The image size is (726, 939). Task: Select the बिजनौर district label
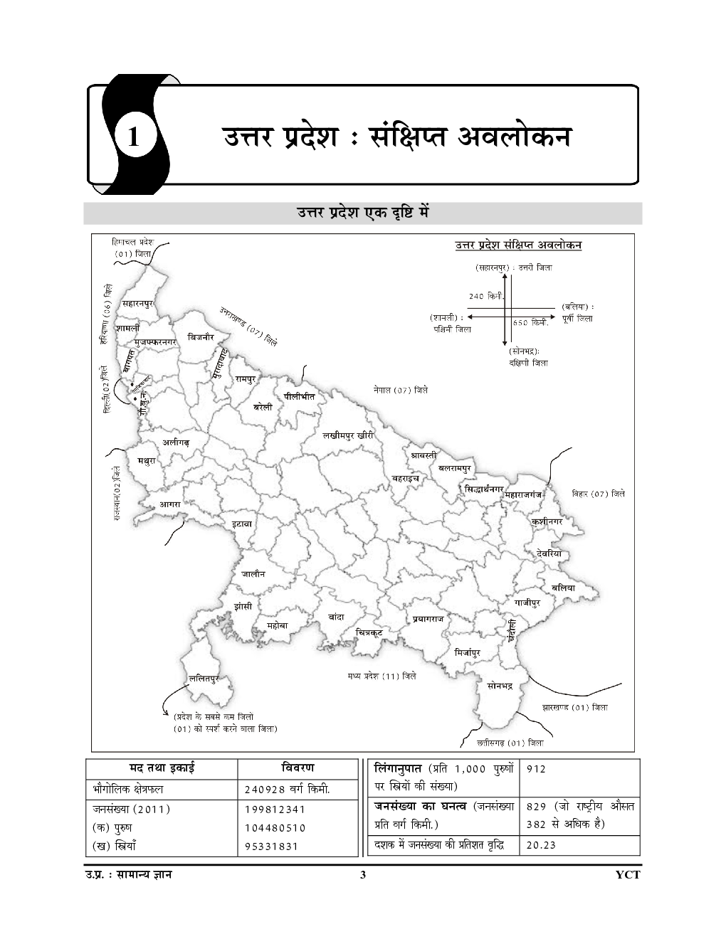(201, 337)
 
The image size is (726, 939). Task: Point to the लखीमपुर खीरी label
(348, 435)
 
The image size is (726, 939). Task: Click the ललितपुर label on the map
(204, 679)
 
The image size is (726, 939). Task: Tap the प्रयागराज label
(428, 619)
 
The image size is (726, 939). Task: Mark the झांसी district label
(243, 606)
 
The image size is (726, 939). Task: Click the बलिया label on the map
(563, 587)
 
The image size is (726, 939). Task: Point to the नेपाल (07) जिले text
(401, 391)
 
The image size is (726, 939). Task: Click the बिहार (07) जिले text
(599, 493)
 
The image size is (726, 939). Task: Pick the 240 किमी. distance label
(486, 295)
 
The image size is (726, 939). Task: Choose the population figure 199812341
(274, 809)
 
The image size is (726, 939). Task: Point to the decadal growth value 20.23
(541, 846)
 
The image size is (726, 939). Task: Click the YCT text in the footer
(628, 876)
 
